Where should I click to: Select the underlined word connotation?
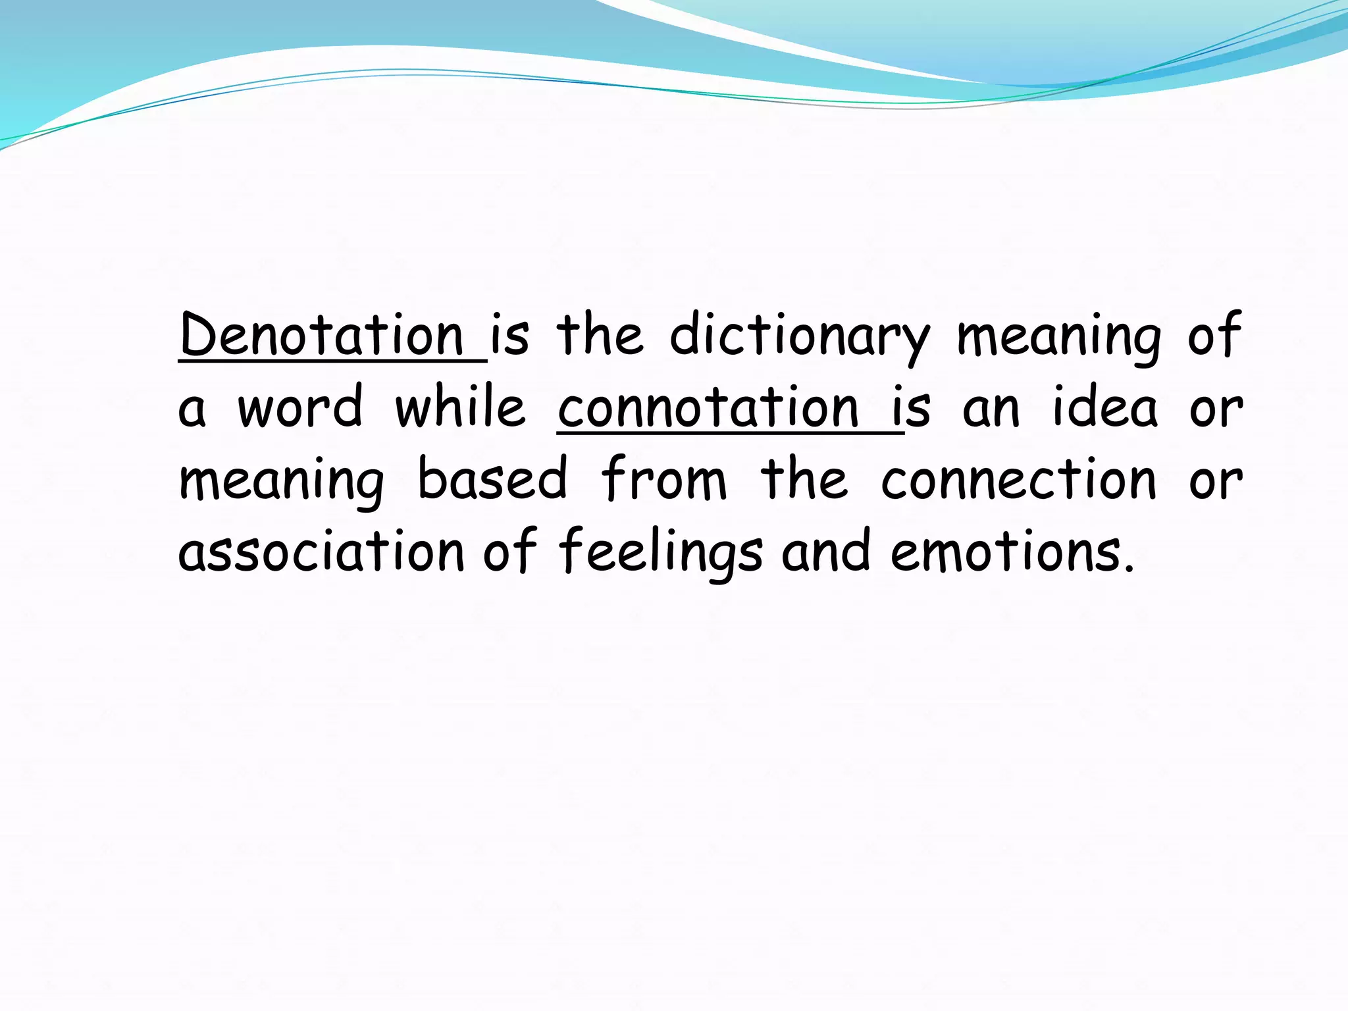pyautogui.click(x=708, y=408)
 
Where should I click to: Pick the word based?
pyautogui.click(x=492, y=479)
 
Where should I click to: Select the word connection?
pyautogui.click(x=1018, y=479)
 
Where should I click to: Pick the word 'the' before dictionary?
pyautogui.click(x=600, y=336)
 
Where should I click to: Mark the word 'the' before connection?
pyautogui.click(x=804, y=479)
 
